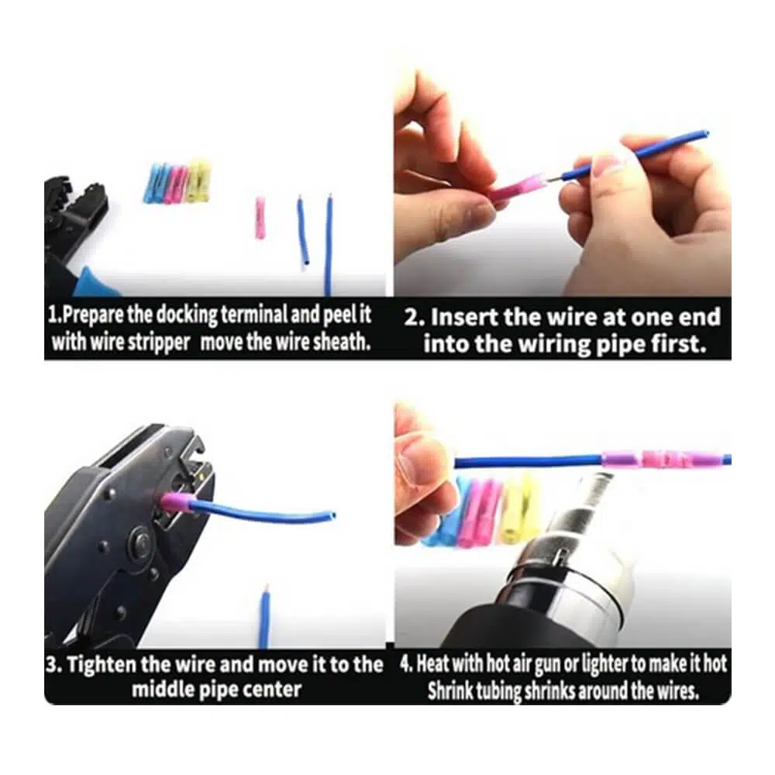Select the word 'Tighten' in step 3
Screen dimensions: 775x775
[102, 665]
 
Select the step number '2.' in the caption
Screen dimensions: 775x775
[415, 318]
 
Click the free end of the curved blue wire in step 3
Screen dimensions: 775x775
[332, 515]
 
